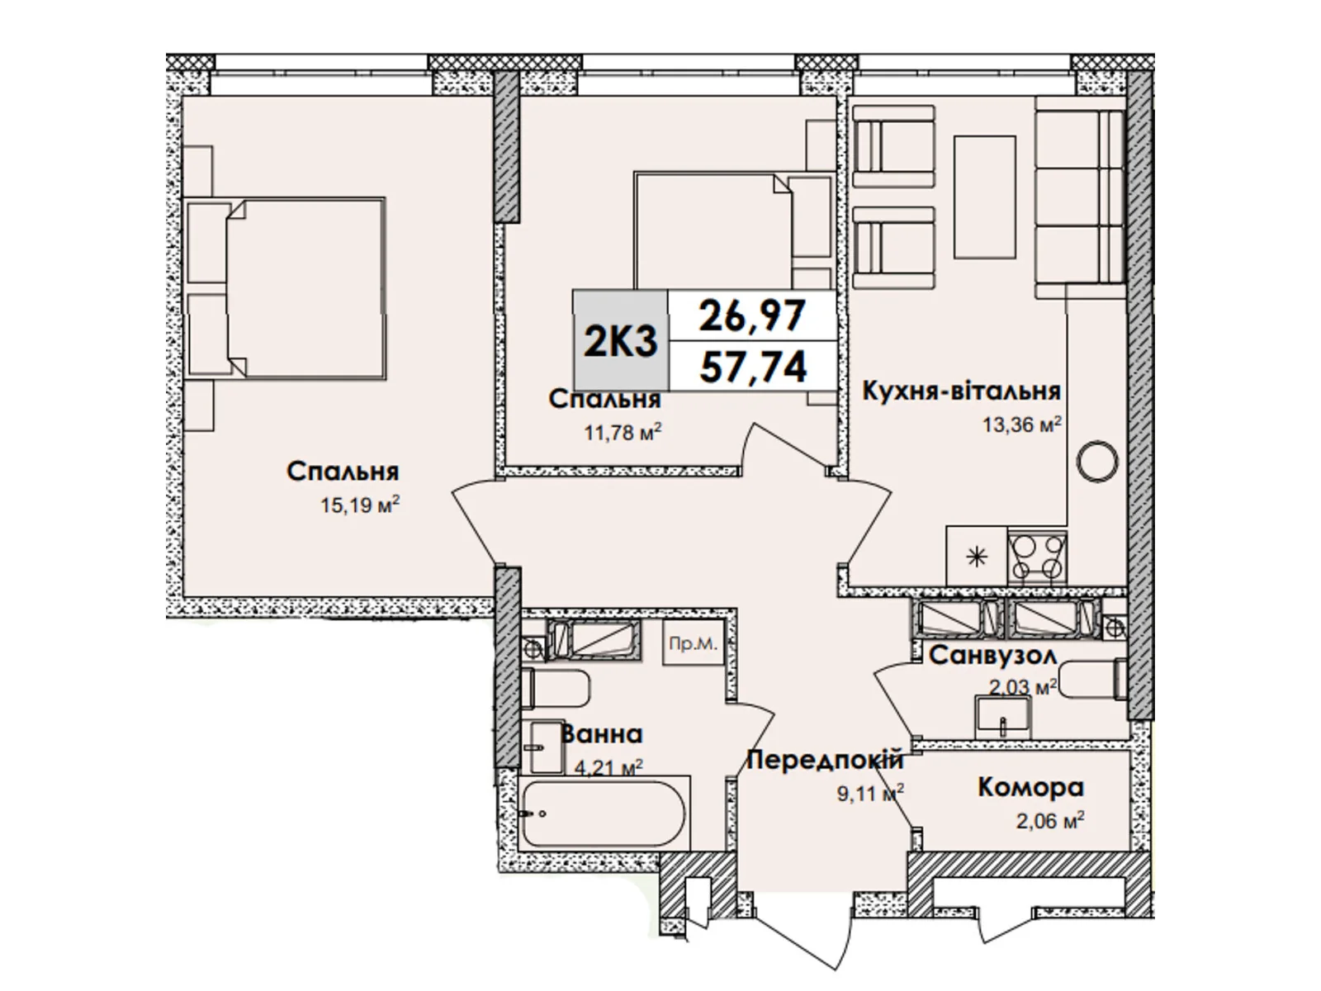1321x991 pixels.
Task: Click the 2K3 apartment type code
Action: click(620, 341)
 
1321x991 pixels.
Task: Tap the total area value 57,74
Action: click(752, 366)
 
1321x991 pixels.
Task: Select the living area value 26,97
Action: click(752, 315)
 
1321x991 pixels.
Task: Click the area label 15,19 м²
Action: click(359, 505)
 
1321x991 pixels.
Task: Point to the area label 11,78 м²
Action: click(623, 432)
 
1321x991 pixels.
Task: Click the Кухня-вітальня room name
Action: click(961, 391)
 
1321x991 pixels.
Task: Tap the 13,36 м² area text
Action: click(1020, 425)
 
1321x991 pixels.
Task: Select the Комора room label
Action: click(1030, 787)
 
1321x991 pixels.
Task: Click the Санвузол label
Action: click(992, 656)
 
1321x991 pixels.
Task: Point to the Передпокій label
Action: click(825, 760)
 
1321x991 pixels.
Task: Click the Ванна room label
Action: click(601, 733)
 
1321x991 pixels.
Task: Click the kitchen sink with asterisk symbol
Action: click(977, 557)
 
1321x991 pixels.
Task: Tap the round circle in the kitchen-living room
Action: click(1098, 460)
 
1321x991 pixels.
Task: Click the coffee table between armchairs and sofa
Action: click(984, 197)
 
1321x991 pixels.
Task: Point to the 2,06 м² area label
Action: click(1049, 821)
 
